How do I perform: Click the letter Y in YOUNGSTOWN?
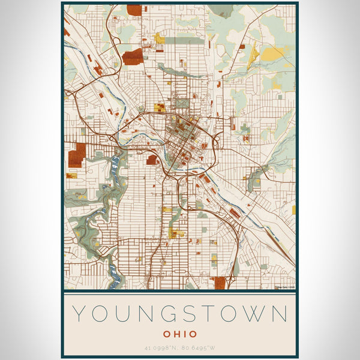(x=78, y=314)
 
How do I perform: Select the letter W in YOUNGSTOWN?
(x=252, y=314)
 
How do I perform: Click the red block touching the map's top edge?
(x=134, y=10)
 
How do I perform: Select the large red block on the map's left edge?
(x=77, y=156)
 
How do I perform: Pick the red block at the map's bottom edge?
(x=220, y=283)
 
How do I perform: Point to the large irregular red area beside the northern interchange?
(x=133, y=57)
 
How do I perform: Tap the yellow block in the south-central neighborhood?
(x=176, y=233)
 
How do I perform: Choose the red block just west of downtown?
(x=152, y=160)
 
